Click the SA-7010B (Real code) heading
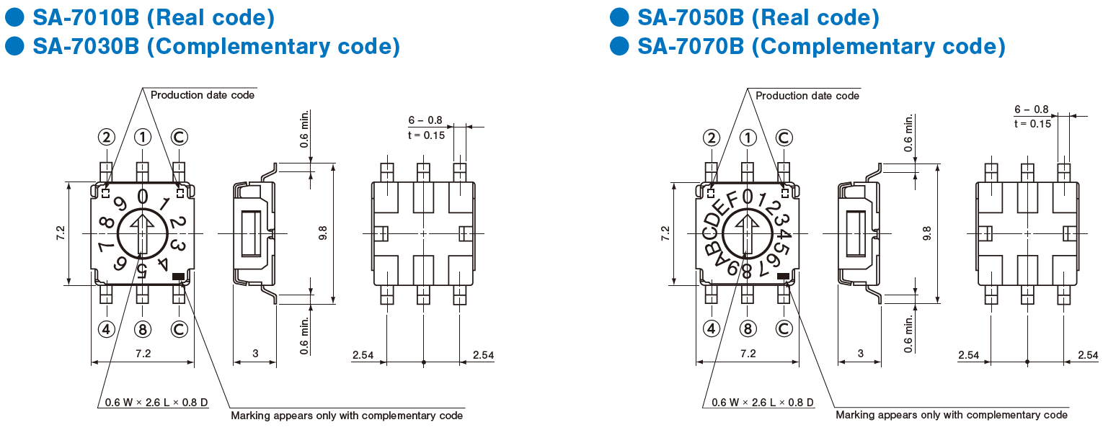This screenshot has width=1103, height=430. (154, 18)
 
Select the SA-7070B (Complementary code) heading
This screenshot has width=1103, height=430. (821, 46)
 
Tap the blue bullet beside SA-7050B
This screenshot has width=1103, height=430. (619, 17)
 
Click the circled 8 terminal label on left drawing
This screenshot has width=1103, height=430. (143, 328)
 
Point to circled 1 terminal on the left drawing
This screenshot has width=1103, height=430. (143, 137)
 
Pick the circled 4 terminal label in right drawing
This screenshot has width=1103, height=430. (711, 328)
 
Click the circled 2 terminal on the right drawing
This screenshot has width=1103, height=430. (711, 138)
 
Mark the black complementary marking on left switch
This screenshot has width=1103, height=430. (179, 277)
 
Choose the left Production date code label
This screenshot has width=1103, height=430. (203, 95)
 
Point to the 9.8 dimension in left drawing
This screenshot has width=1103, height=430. (323, 233)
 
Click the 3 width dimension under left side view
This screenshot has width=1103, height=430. (255, 353)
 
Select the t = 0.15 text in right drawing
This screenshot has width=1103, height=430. (1032, 123)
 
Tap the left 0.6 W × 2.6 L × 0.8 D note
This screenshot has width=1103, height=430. (156, 403)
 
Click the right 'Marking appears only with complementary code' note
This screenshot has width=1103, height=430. (952, 415)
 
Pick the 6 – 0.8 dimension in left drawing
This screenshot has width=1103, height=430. (425, 120)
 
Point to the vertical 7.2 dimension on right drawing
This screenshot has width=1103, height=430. (665, 233)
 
